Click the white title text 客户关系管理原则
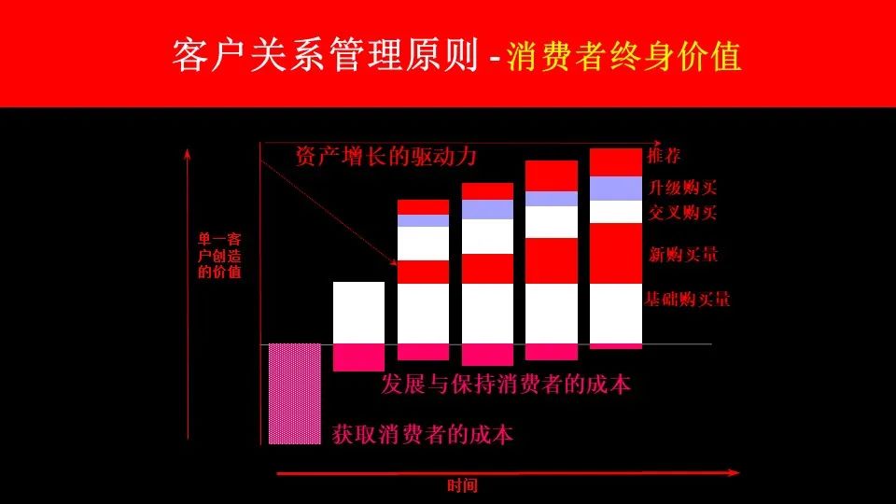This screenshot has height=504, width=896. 325,55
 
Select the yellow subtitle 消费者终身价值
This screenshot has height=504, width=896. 623,56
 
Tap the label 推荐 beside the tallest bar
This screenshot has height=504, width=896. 664,156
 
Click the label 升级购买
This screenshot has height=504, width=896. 683,188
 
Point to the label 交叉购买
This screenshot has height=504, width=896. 683,213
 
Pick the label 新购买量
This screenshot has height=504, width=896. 683,254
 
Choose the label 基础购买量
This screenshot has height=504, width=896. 688,299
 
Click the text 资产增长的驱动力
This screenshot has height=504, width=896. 385,156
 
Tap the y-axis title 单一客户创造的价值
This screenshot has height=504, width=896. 219,256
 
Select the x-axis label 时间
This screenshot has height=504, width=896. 462,485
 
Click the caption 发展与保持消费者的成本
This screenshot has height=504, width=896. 506,384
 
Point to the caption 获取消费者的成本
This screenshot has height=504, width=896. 422,435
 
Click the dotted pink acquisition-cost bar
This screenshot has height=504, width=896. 295,394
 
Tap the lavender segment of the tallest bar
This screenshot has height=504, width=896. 616,189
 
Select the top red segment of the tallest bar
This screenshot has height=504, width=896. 616,162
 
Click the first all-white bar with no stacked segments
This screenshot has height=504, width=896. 358,313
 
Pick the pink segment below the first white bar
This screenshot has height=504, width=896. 358,357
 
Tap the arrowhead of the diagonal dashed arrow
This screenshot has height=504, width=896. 394,263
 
